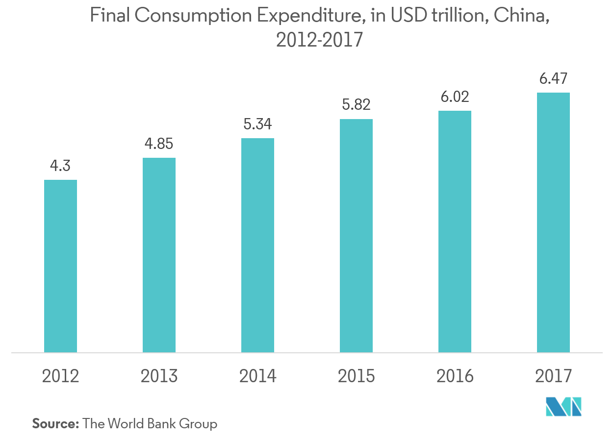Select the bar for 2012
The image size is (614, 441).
60,266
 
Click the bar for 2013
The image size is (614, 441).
159,255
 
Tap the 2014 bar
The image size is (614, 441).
257,245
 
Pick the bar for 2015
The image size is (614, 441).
356,236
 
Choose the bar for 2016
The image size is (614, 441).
455,231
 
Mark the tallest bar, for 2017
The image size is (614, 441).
553,222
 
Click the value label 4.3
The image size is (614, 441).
60,166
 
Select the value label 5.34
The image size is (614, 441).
257,124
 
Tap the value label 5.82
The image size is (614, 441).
356,105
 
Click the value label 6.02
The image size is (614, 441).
455,97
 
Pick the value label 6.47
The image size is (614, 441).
553,78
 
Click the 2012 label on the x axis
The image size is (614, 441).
60,376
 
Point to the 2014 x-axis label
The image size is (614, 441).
257,376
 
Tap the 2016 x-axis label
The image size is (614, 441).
455,376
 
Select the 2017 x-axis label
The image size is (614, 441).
553,376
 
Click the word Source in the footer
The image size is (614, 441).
55,423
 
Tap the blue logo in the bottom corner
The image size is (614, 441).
564,407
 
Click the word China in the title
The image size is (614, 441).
520,17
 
